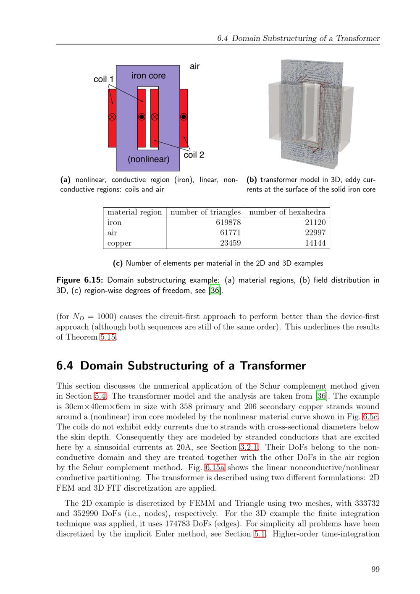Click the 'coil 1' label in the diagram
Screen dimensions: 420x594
click(103, 79)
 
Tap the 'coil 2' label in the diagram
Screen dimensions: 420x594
click(194, 154)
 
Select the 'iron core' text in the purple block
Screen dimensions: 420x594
click(148, 76)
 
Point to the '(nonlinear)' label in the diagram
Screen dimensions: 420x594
click(148, 159)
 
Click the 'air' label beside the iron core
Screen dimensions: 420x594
click(194, 66)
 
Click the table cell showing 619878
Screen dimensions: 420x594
click(228, 222)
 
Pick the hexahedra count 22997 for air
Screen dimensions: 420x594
click(315, 233)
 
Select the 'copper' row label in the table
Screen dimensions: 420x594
click(119, 243)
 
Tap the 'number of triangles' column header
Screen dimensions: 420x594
click(205, 212)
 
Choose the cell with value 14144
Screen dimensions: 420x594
click(315, 243)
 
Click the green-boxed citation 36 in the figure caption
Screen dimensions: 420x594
click(215, 290)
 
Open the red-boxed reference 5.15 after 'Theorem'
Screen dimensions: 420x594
click(108, 337)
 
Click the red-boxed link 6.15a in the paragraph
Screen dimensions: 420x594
click(215, 467)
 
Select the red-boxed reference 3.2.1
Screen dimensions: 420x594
click(249, 447)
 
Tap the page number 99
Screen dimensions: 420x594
click(375, 569)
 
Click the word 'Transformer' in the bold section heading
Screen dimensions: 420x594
click(273, 366)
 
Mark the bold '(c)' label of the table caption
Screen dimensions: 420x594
click(118, 263)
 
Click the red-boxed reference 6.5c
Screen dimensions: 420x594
click(370, 416)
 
